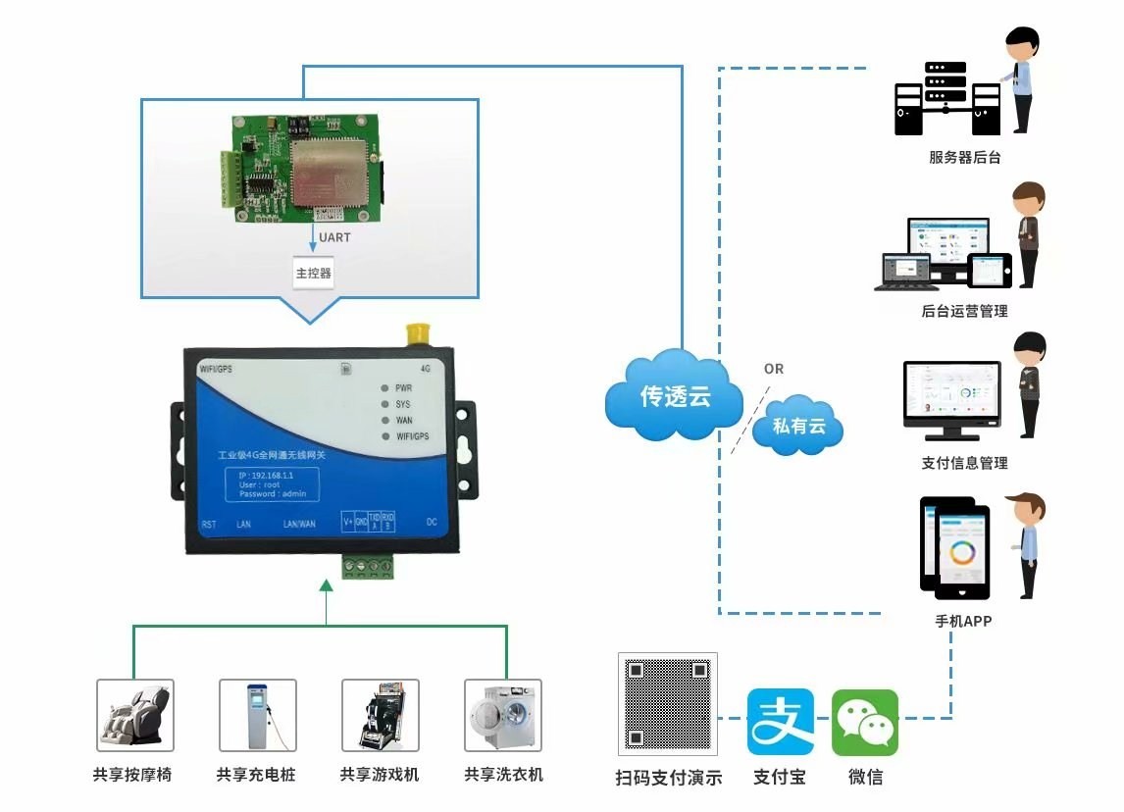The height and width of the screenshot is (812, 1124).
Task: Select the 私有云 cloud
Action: pos(798,427)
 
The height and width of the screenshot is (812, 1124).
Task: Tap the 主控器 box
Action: pos(314,273)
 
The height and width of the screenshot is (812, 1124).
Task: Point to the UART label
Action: pos(334,237)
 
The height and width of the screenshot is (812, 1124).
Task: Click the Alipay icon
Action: pos(780,722)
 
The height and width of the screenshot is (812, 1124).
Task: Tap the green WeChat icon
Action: pos(864,722)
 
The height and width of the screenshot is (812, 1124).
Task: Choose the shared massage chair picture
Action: pos(134,715)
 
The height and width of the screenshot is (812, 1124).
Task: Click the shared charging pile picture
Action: pos(257,715)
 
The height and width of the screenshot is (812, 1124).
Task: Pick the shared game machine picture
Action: pos(380,715)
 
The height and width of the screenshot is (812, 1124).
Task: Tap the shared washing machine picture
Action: pos(502,715)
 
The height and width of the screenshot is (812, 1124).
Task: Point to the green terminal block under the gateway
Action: pos(368,566)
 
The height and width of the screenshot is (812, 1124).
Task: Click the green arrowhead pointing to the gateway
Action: pos(327,585)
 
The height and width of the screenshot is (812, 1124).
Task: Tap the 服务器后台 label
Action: pos(964,157)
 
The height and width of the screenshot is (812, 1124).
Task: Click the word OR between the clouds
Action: pos(774,369)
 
